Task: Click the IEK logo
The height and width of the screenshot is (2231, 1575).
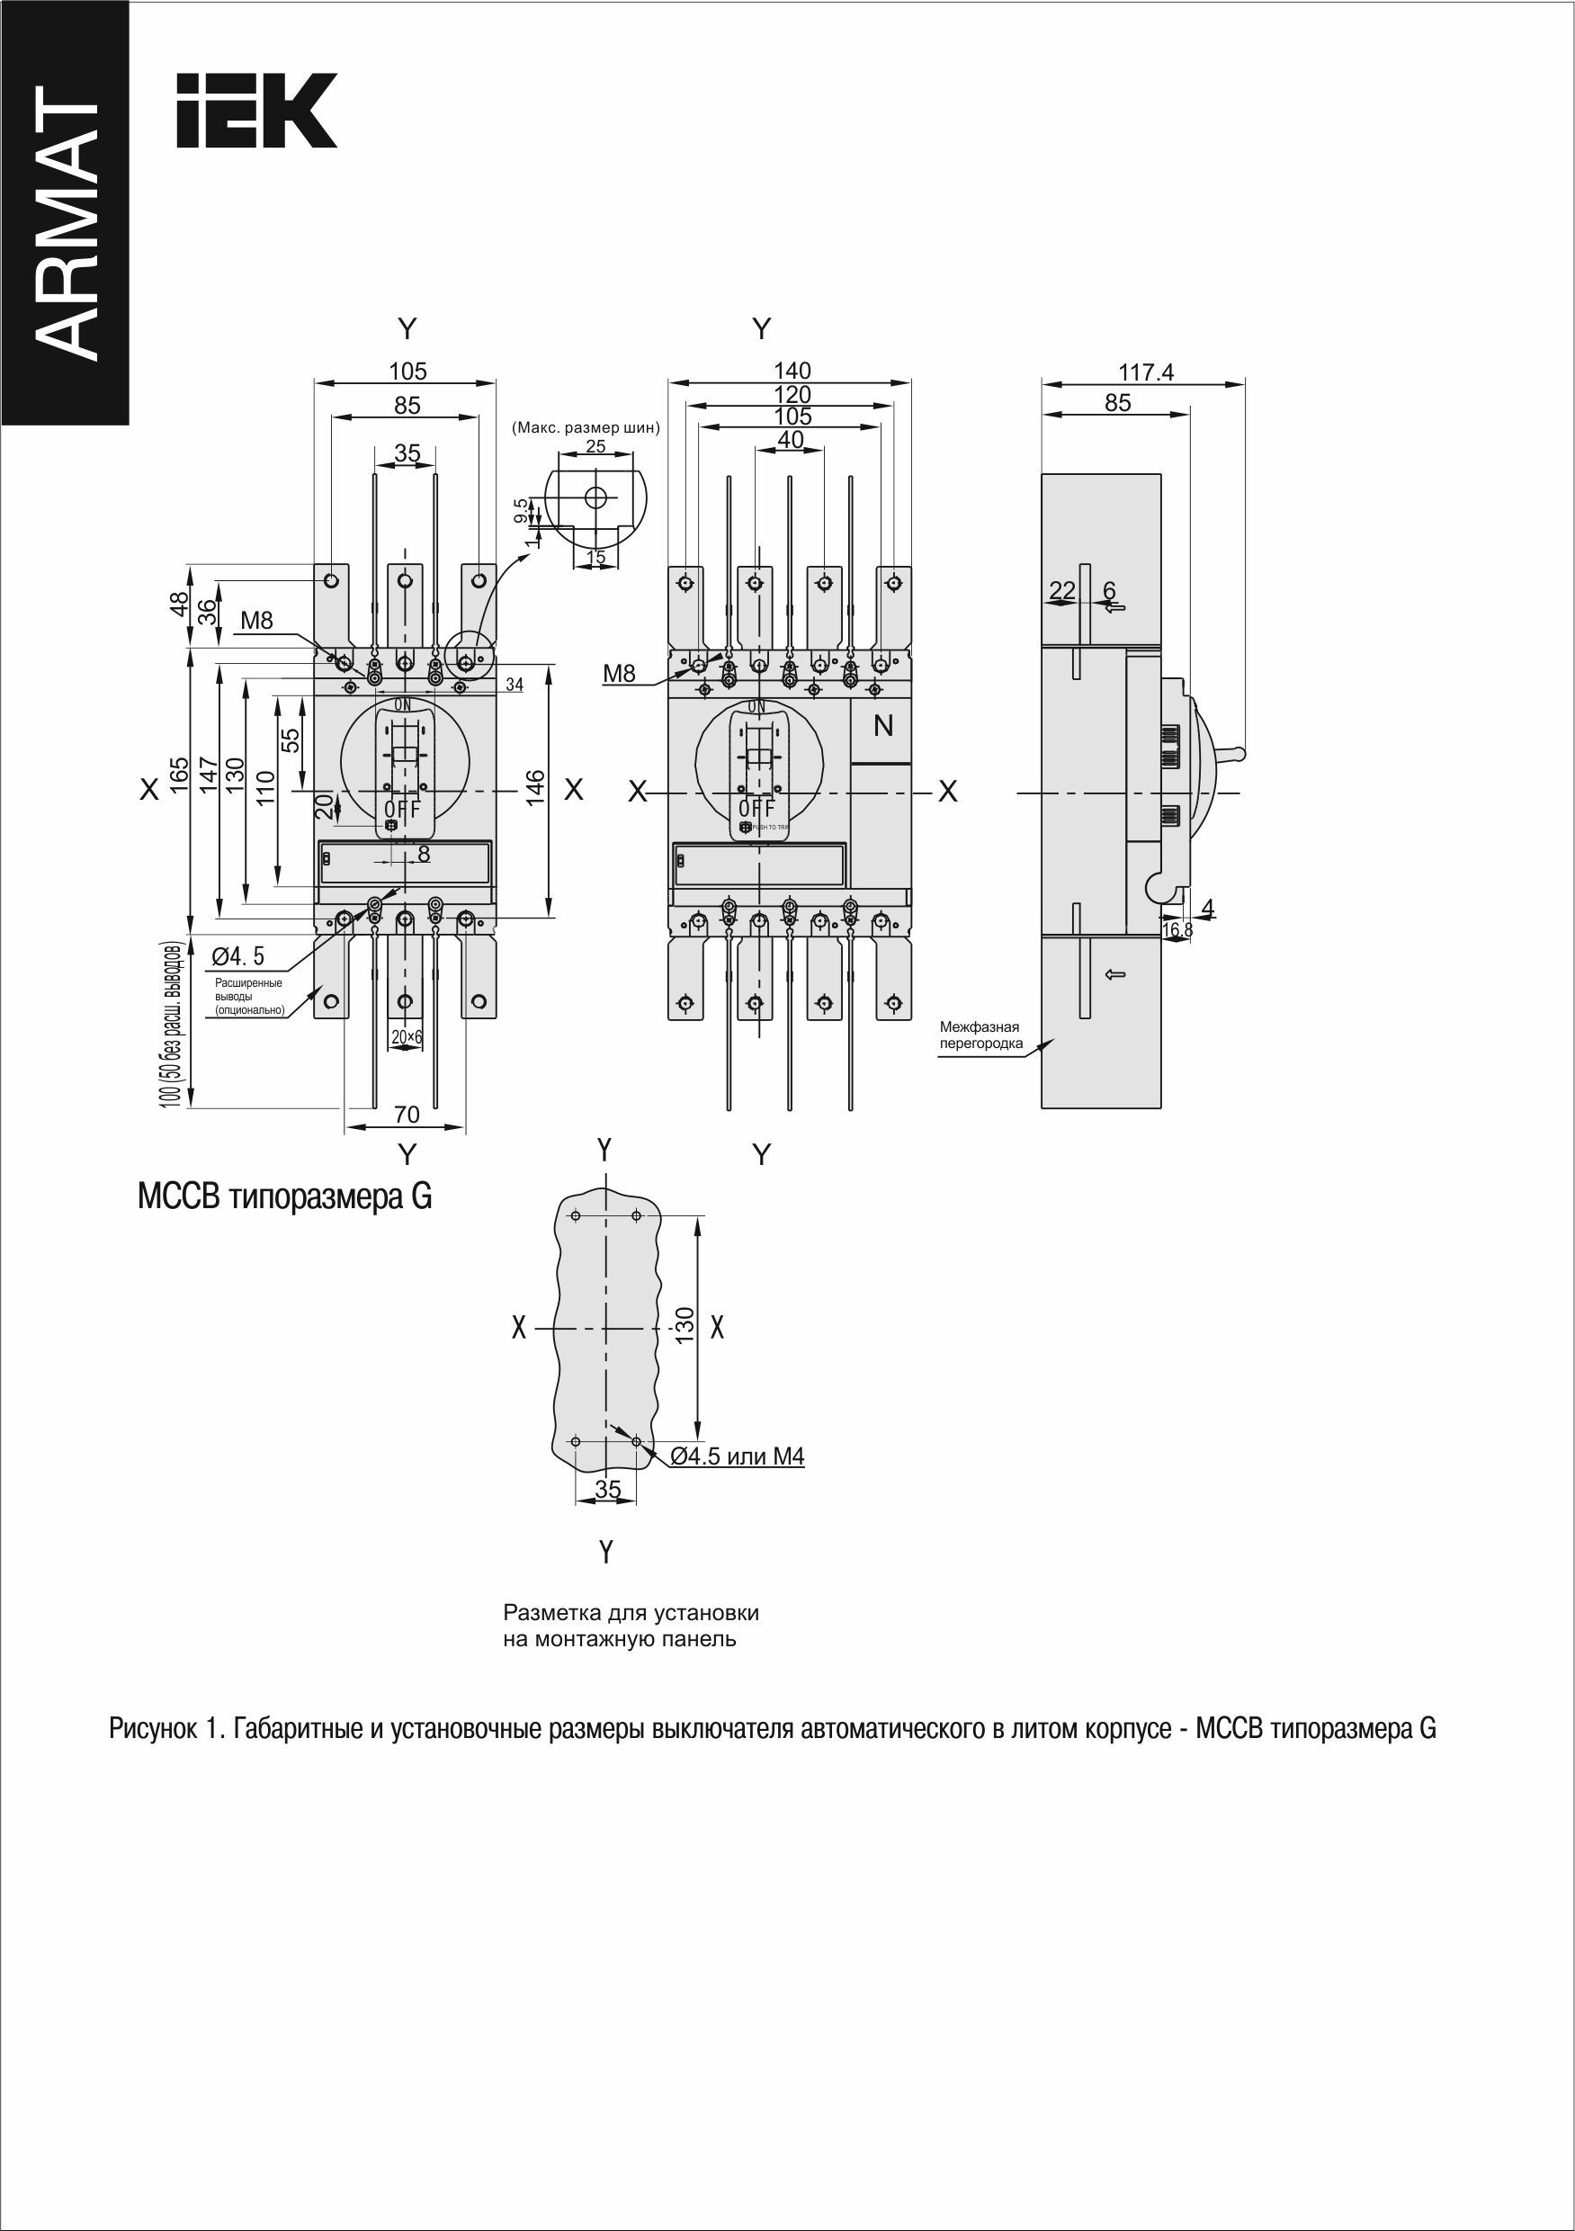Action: pos(256,111)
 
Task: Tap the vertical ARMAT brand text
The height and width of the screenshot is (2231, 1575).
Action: pos(66,223)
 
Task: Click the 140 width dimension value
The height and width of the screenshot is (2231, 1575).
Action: pos(792,371)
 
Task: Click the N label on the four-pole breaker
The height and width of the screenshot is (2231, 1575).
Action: pos(883,726)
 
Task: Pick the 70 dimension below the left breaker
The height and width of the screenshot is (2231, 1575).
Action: pos(407,1115)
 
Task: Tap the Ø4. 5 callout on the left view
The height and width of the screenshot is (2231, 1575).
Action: pos(238,957)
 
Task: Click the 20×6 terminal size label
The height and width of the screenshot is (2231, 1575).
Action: pos(407,1038)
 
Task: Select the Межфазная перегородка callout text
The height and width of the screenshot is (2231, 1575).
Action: pos(980,1035)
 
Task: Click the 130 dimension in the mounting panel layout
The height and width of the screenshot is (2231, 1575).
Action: pos(685,1326)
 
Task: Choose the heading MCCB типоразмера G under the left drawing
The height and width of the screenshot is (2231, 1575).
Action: pos(284,1197)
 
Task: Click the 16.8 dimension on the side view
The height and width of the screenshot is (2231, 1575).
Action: pos(1177,931)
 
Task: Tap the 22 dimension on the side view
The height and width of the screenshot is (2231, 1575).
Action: pos(1063,590)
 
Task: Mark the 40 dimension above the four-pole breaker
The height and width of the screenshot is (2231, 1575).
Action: pos(791,440)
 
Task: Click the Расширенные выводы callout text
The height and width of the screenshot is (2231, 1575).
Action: pos(250,996)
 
